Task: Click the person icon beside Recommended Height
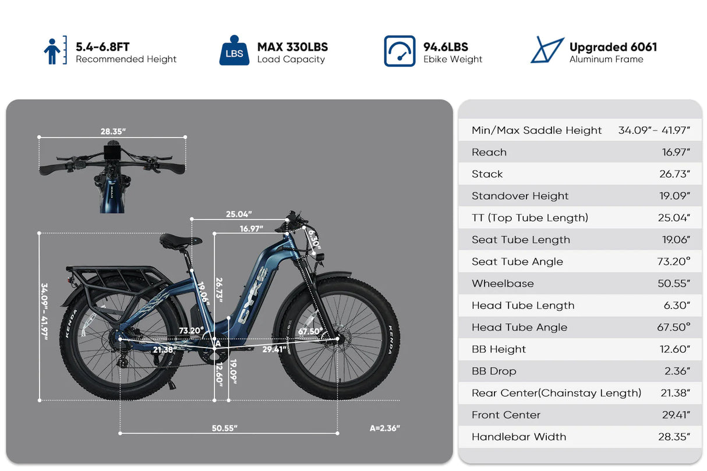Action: [x=52, y=51]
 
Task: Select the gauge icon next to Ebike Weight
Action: [x=400, y=51]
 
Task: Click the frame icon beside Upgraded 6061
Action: [x=547, y=51]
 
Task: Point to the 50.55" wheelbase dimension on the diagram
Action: [x=224, y=428]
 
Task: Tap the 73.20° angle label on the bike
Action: [x=192, y=331]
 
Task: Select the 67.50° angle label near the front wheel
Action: [x=310, y=331]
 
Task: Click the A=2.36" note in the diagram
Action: [x=385, y=428]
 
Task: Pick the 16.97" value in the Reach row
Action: [x=676, y=153]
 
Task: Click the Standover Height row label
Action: [x=520, y=196]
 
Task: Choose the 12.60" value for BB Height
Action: [x=675, y=349]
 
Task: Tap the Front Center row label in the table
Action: [x=506, y=415]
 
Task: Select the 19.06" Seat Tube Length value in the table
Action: [x=676, y=240]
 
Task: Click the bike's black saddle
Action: [x=181, y=240]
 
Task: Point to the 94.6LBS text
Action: [x=446, y=47]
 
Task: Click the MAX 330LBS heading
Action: [x=292, y=47]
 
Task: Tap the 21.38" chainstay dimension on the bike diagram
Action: [x=164, y=349]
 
